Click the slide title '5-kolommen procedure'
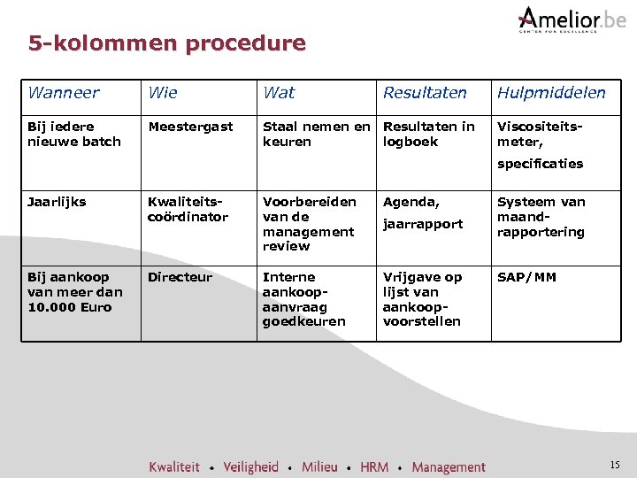click(166, 42)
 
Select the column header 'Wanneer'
click(63, 92)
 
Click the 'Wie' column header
click(162, 92)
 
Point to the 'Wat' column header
click(279, 92)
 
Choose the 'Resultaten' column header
click(425, 92)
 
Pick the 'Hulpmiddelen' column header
click(551, 92)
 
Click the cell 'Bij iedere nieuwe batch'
click(73, 134)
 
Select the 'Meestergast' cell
click(190, 127)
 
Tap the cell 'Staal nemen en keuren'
click(316, 134)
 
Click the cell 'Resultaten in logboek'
click(428, 134)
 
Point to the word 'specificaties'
click(540, 164)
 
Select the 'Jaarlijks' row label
click(57, 202)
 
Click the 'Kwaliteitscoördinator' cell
click(188, 209)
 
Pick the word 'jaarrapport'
click(422, 224)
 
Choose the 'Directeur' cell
click(180, 277)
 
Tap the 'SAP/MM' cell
click(526, 277)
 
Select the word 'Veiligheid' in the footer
click(250, 466)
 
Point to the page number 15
click(615, 465)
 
